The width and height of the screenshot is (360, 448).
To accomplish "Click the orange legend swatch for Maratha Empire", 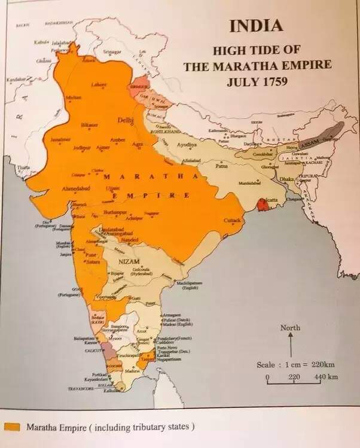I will [12, 426].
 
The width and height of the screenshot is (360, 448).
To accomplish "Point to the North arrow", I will [290, 344].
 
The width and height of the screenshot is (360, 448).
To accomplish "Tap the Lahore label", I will [99, 85].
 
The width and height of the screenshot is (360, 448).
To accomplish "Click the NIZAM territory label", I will [124, 261].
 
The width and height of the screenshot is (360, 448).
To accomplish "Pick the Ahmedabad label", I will [77, 188].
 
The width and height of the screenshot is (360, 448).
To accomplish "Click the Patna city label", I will [222, 166].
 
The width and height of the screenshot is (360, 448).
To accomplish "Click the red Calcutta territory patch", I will [260, 205].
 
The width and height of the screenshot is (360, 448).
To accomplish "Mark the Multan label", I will [74, 97].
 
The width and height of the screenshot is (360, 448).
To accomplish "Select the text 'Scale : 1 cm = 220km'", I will [294, 365].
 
